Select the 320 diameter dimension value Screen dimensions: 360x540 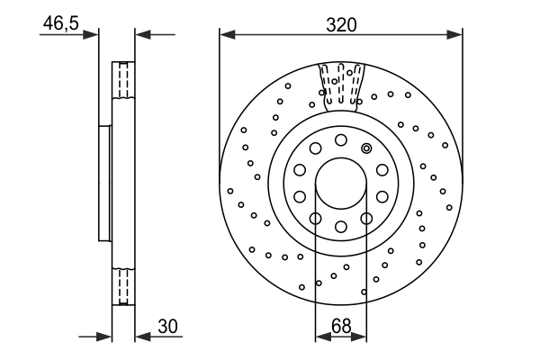342,24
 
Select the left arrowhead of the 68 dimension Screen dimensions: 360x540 321,337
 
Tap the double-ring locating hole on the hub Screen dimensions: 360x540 365,148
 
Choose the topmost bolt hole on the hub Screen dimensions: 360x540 340,139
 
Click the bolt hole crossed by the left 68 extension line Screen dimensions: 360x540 315,218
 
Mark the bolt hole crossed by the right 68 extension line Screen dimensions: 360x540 365,218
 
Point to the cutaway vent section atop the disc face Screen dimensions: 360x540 341,81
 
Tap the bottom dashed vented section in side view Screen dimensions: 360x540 122,288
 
